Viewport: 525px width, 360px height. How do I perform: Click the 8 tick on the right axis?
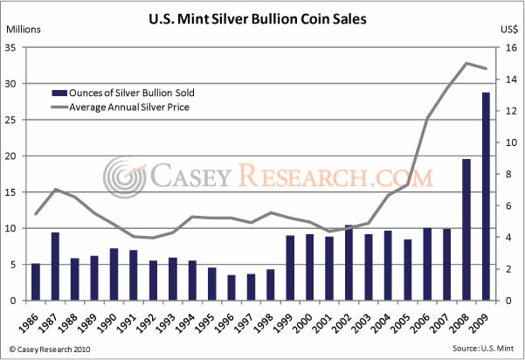click(503, 175)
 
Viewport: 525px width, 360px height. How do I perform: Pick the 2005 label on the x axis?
click(406, 321)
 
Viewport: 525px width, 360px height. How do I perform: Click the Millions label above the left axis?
click(25, 29)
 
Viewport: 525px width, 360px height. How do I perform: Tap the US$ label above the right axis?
click(509, 29)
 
